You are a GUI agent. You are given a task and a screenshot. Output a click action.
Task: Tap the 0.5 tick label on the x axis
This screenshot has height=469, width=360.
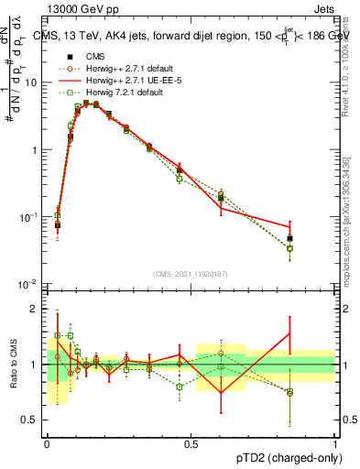[x=190, y=442]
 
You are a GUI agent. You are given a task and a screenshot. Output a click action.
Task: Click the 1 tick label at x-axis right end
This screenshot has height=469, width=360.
[x=334, y=442]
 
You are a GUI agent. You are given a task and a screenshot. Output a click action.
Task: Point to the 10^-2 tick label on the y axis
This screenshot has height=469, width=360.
[x=29, y=283]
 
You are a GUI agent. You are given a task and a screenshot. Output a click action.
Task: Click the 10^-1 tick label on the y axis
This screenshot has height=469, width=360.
[x=29, y=216]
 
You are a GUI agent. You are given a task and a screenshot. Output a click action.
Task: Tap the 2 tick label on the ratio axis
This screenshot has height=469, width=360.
[x=37, y=309]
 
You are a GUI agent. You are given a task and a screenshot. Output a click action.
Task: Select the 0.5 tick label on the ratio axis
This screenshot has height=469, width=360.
[x=33, y=420]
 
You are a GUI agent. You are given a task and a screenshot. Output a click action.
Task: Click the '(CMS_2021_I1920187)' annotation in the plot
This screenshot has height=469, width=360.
[x=190, y=274]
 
